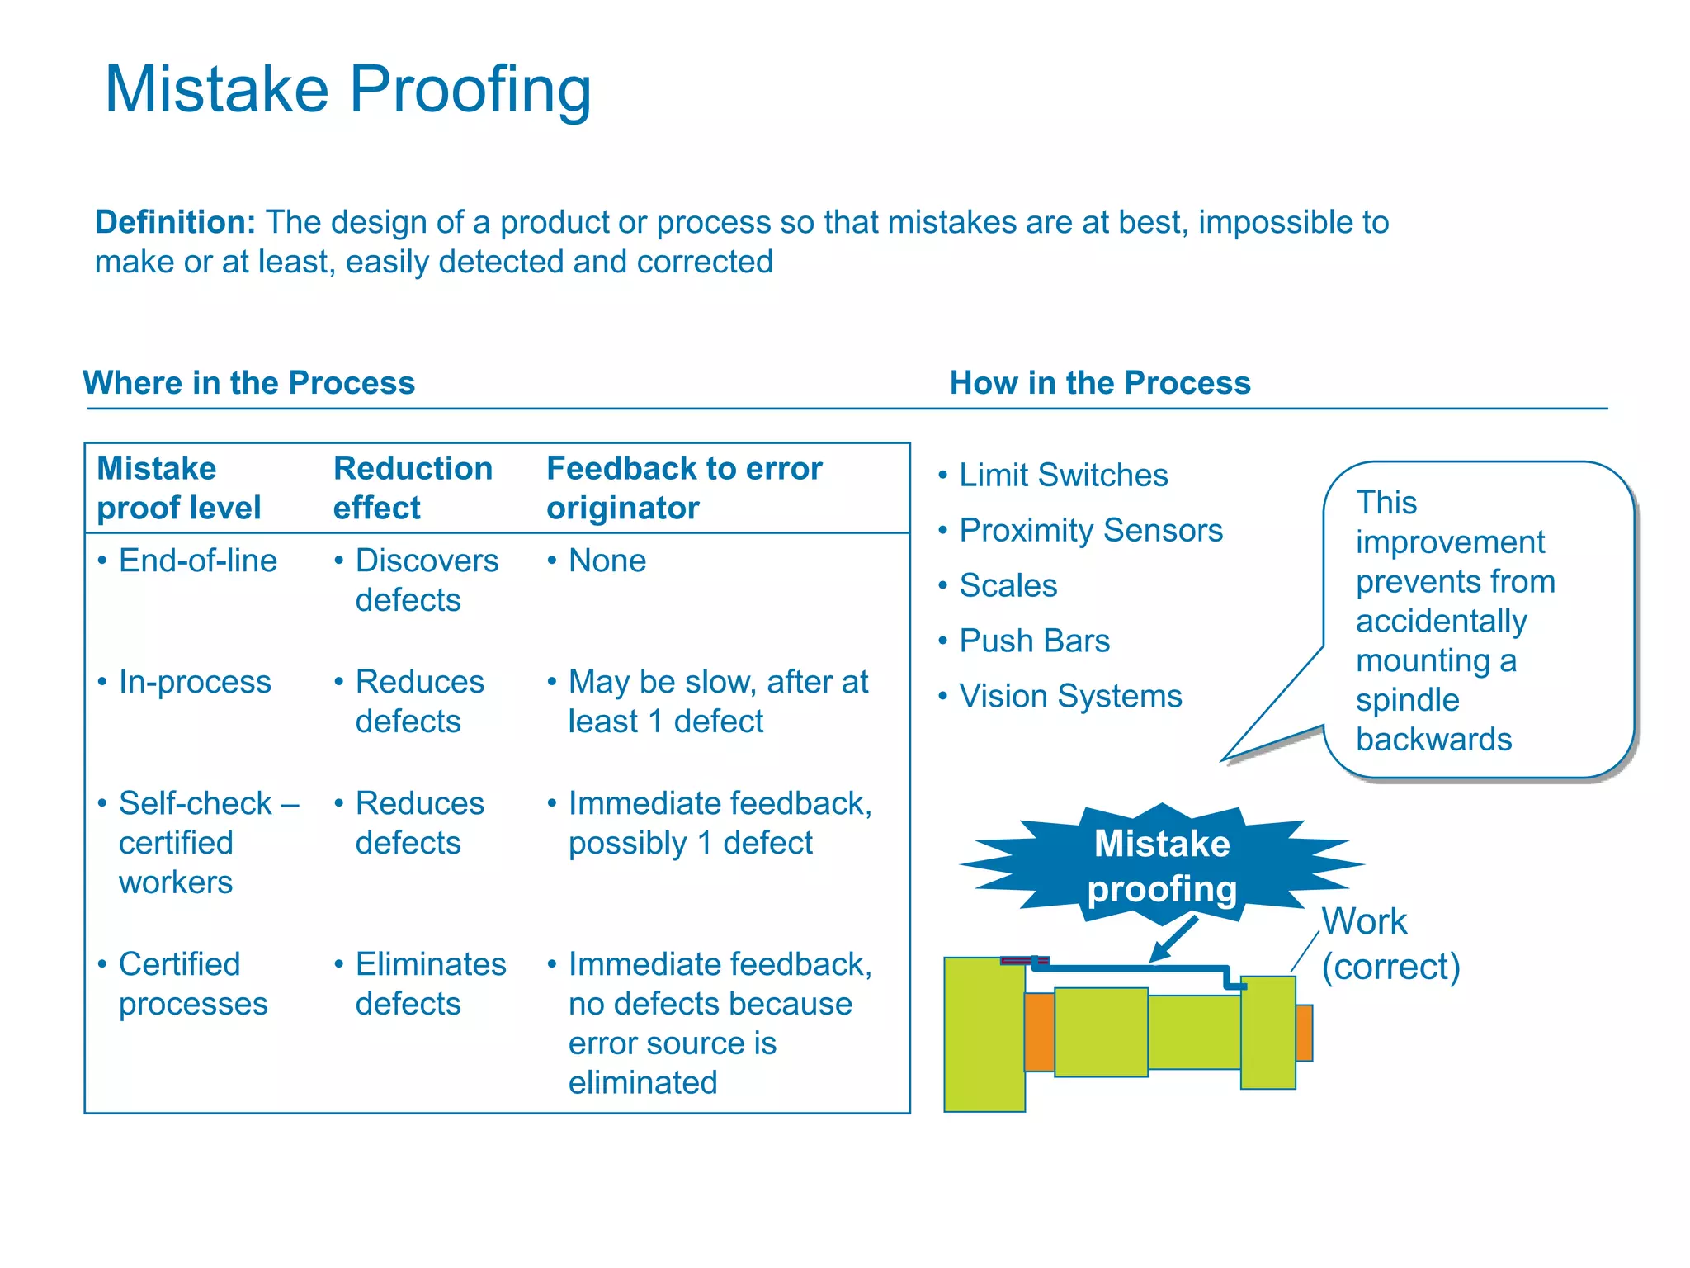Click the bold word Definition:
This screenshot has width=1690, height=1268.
click(175, 222)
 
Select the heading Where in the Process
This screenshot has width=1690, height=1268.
click(248, 383)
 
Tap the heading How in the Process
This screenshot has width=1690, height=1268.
click(1099, 383)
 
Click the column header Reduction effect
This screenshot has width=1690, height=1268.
click(413, 487)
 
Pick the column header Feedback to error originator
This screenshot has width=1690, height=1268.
click(683, 487)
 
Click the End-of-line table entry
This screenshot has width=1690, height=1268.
click(197, 561)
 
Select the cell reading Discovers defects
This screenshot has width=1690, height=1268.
click(426, 580)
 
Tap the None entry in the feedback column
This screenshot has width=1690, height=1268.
click(607, 561)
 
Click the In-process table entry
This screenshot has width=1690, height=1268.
click(195, 682)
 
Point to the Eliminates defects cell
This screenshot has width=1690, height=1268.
click(430, 983)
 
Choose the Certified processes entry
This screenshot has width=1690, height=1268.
click(192, 983)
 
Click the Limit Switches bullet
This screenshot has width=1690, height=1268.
click(1063, 475)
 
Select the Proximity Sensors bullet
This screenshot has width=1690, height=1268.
click(1090, 531)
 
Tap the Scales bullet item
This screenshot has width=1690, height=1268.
click(1008, 586)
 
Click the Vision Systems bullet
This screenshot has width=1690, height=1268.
click(1070, 697)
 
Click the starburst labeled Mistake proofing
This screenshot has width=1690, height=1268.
click(1161, 865)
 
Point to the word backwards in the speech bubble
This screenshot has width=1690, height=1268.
click(1433, 740)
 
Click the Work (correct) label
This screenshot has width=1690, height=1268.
click(1390, 944)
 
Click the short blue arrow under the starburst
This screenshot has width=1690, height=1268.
click(1174, 939)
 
